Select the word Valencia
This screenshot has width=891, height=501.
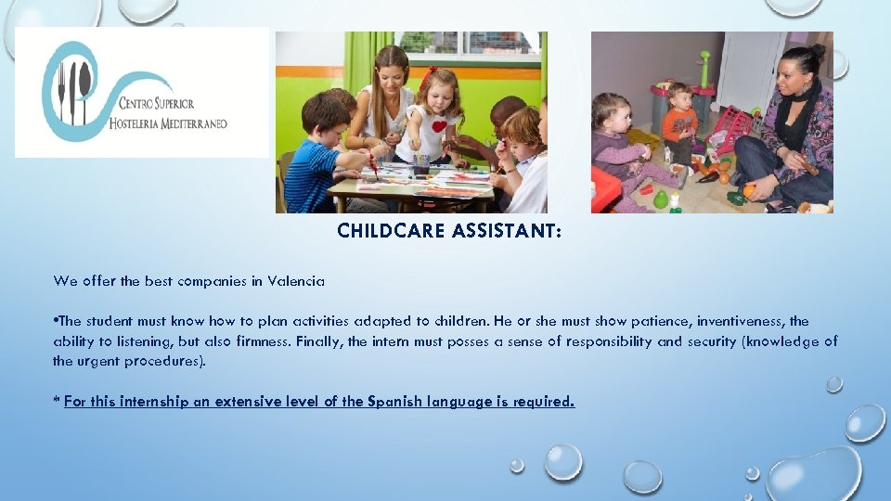click(x=295, y=280)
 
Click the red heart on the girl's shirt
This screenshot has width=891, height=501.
click(x=439, y=125)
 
